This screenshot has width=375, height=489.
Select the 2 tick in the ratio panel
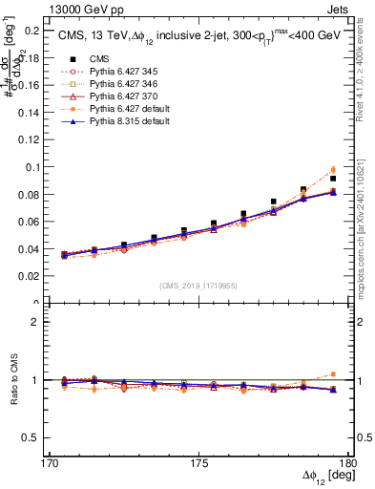34,322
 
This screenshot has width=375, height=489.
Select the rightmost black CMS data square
333,179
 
